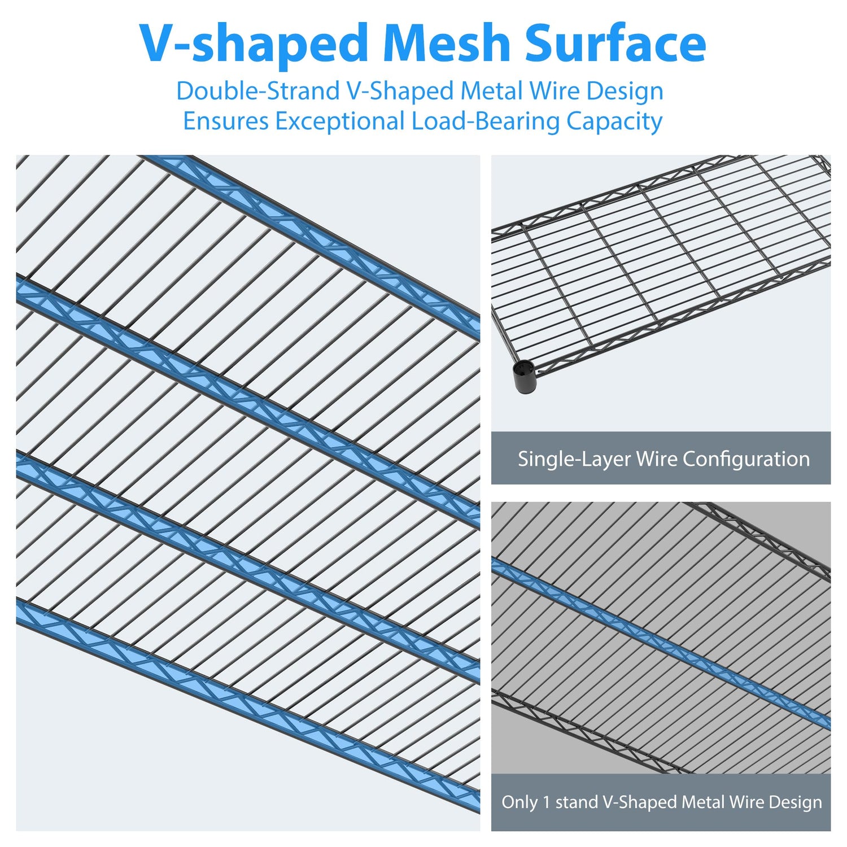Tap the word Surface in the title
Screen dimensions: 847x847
pyautogui.click(x=615, y=44)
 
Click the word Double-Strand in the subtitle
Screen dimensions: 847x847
pyautogui.click(x=257, y=91)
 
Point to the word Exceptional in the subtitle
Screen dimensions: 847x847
pyautogui.click(x=340, y=121)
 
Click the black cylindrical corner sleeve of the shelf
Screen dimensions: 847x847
pyautogui.click(x=523, y=377)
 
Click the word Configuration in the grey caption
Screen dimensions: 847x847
pyautogui.click(x=746, y=459)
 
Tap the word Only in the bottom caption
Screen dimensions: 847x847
pyautogui.click(x=519, y=802)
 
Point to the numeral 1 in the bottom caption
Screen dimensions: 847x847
pyautogui.click(x=545, y=802)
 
